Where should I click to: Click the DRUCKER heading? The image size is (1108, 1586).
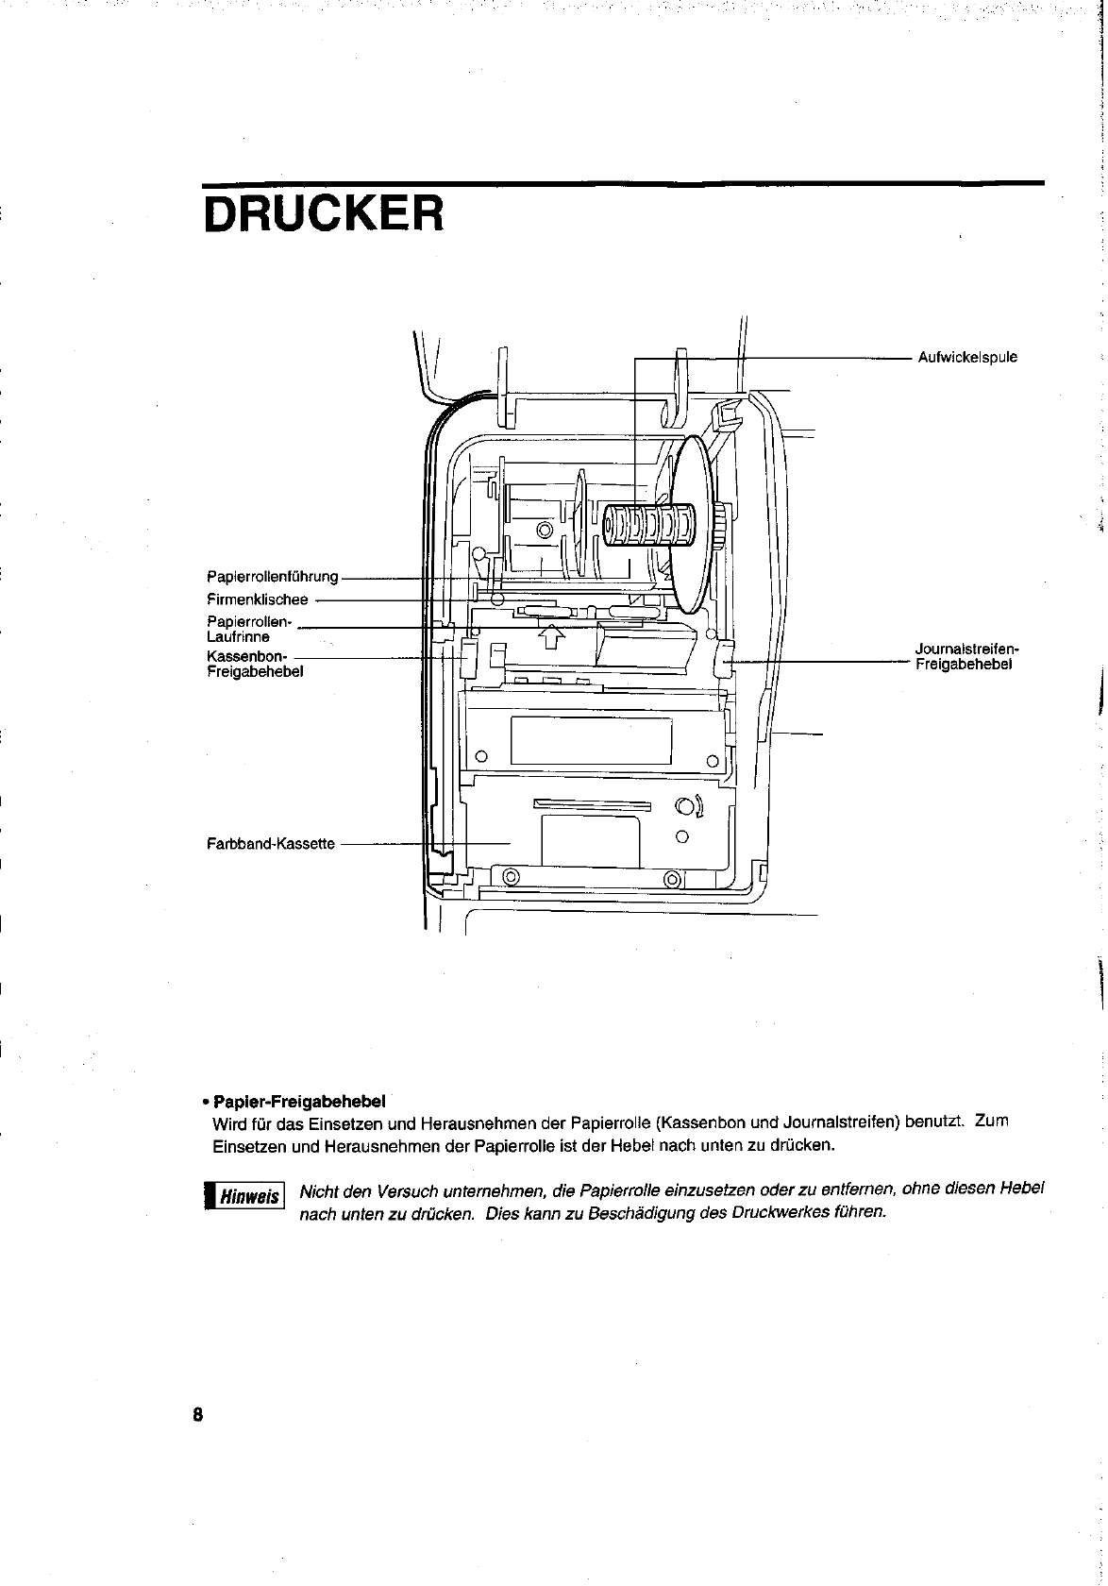[x=322, y=214]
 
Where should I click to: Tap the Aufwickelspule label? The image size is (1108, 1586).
[x=967, y=358]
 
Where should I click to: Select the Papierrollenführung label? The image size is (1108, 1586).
[x=272, y=577]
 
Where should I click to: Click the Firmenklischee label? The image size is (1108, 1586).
[x=257, y=599]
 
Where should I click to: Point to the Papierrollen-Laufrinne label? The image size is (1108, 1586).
[x=249, y=629]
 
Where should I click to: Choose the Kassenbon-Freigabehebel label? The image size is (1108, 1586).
[x=254, y=664]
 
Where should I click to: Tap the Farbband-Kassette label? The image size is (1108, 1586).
[x=270, y=843]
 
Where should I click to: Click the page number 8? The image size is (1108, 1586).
[x=198, y=1414]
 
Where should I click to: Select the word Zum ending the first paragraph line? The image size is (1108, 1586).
[x=992, y=1122]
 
